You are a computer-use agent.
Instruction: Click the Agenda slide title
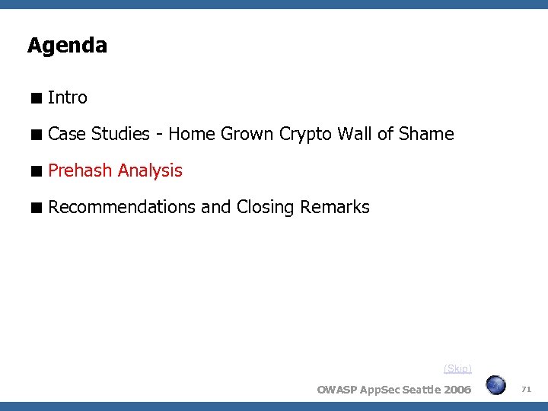tap(67, 46)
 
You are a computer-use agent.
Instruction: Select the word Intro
tap(68, 97)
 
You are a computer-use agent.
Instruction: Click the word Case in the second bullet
tap(67, 135)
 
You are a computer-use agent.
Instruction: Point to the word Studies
tap(120, 135)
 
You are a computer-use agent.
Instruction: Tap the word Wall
tap(355, 135)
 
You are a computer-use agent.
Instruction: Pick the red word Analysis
tap(149, 170)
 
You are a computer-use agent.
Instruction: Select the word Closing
tap(266, 207)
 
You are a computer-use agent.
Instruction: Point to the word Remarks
tap(335, 207)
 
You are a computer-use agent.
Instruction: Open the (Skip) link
tap(457, 368)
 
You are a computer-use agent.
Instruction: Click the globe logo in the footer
tap(496, 385)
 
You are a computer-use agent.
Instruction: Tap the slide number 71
tap(526, 389)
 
